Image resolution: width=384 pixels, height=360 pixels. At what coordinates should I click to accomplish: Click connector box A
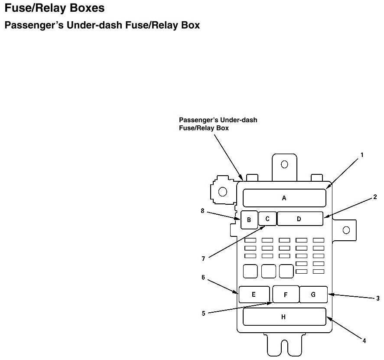284,198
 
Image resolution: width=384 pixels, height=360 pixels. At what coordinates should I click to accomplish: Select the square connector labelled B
249,219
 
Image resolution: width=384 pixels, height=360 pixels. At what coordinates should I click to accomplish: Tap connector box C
267,219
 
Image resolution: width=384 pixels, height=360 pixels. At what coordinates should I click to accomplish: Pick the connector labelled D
299,219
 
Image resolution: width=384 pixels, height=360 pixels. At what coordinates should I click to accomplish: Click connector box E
254,295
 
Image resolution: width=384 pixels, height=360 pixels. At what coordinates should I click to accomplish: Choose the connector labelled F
286,295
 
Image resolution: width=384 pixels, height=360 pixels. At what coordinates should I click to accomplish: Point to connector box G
313,295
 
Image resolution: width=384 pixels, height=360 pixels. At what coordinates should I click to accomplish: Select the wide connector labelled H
284,317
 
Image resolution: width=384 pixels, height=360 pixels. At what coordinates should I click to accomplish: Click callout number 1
362,154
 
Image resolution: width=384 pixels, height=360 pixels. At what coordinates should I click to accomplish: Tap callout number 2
375,197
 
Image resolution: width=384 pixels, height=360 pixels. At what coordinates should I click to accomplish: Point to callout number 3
378,298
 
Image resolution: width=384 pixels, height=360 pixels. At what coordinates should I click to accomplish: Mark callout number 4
364,341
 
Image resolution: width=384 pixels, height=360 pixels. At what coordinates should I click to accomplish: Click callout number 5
203,314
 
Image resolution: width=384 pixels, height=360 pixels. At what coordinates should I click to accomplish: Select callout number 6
203,278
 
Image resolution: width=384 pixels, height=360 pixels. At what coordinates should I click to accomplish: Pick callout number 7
203,259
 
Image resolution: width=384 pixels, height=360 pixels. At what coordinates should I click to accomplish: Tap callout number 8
202,211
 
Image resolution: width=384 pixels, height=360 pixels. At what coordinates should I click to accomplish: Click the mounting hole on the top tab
284,164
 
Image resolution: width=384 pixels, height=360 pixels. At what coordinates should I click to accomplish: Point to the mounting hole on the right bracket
346,230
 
